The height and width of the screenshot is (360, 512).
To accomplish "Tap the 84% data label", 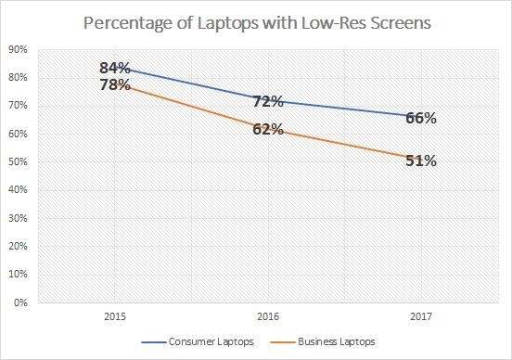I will pos(116,68).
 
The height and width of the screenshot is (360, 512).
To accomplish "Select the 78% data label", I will pos(116,85).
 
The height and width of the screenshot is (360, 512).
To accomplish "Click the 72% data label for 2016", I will pos(268,100).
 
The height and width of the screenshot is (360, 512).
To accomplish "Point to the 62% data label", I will pos(268,129).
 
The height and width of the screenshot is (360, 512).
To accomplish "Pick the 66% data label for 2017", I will pos(420,118).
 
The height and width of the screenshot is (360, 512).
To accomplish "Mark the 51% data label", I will pos(420,161).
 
